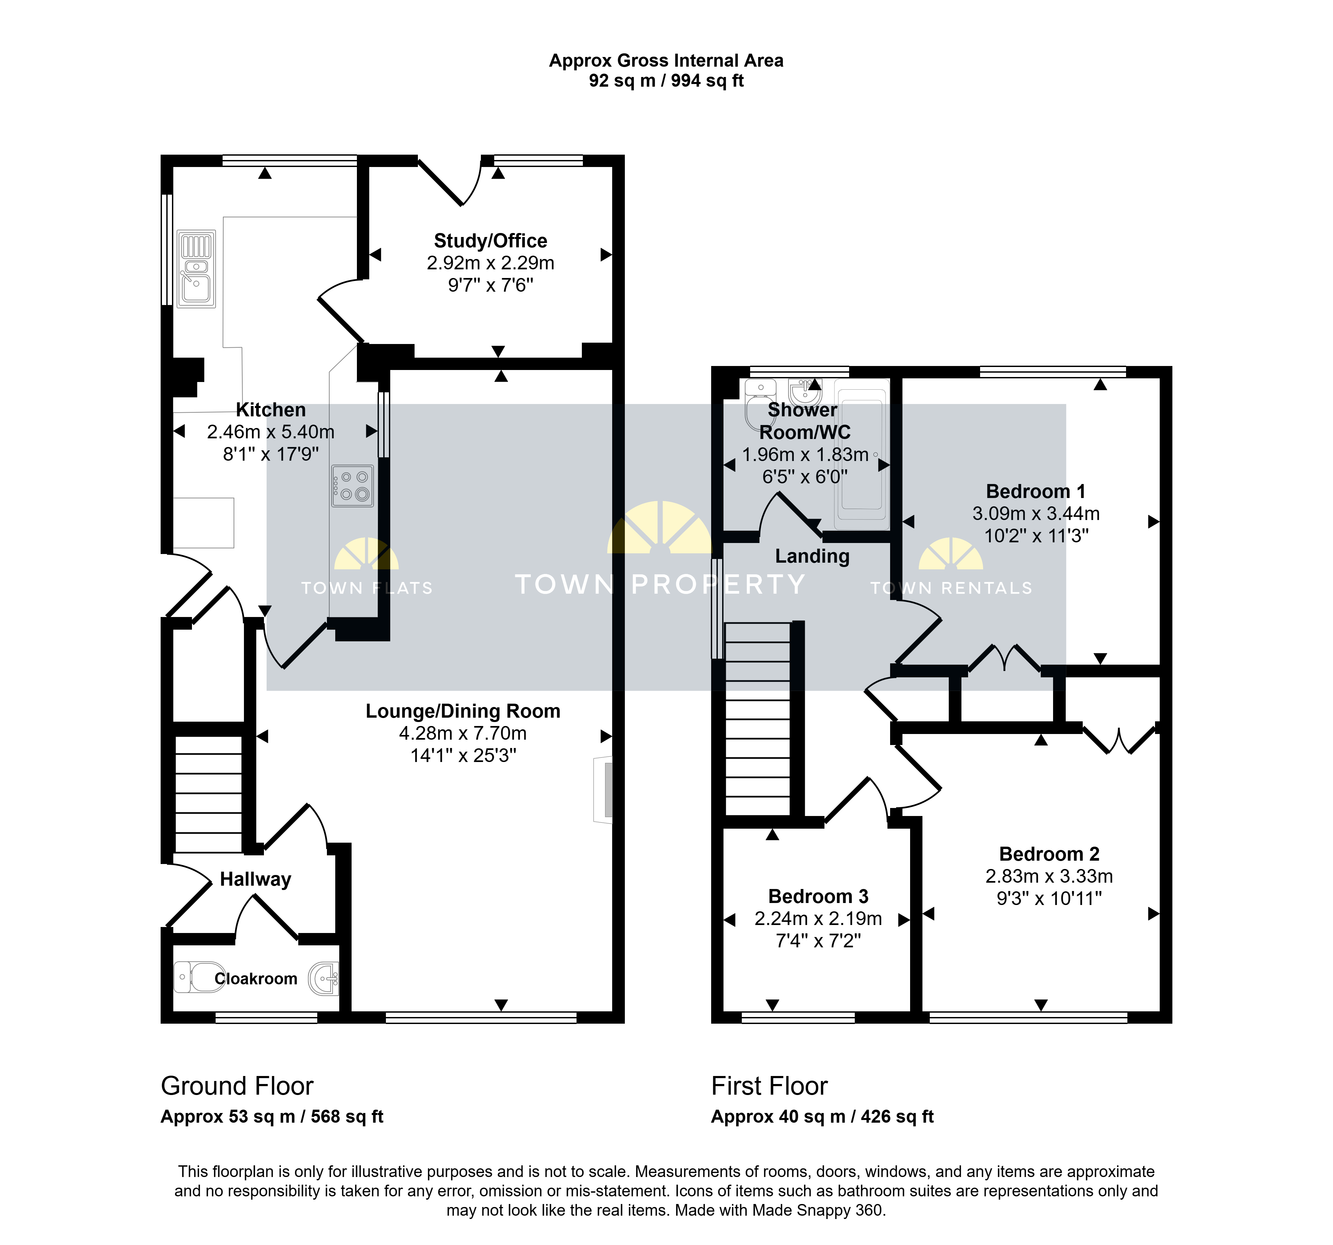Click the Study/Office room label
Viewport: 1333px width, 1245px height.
[x=490, y=241]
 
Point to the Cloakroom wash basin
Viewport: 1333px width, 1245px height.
[x=323, y=979]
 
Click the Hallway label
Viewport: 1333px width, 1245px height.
[x=256, y=879]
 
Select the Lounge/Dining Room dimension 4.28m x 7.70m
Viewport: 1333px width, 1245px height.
[x=463, y=733]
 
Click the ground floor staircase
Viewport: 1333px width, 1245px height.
[x=209, y=794]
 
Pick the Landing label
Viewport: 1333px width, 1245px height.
[x=812, y=556]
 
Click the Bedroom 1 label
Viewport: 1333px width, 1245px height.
[x=1035, y=492]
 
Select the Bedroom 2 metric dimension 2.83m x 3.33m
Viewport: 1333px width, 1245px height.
[x=1049, y=876]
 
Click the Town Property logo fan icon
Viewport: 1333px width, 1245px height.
[x=660, y=528]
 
